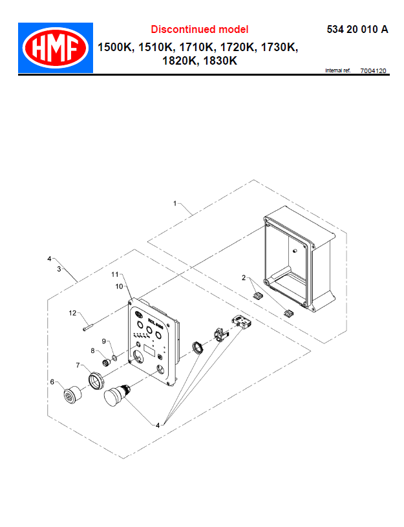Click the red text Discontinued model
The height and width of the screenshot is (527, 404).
[x=199, y=29]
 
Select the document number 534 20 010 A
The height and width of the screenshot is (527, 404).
[x=357, y=29]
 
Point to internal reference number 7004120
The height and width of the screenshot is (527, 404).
[x=373, y=70]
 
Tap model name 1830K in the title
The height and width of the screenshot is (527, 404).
[x=220, y=61]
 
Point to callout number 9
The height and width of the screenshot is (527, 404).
[x=103, y=341]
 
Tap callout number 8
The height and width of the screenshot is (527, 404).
[x=92, y=350]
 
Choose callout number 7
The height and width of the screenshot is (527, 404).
[x=78, y=365]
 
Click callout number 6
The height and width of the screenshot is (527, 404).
[x=52, y=382]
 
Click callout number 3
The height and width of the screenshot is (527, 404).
[x=59, y=268]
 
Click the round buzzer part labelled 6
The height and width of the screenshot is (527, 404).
[x=70, y=394]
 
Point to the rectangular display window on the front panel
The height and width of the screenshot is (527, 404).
[x=151, y=352]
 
